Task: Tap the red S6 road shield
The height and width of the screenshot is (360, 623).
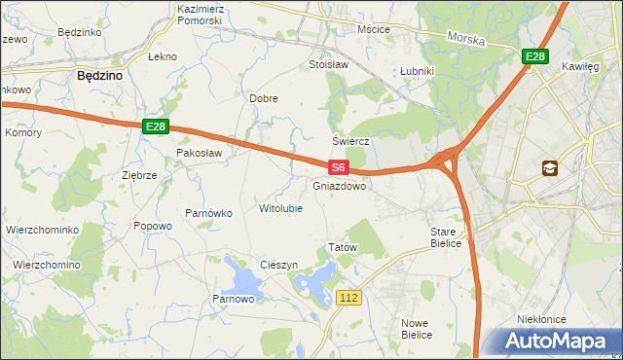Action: coord(338,168)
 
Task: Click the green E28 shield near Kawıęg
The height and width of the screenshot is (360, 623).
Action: coord(534,57)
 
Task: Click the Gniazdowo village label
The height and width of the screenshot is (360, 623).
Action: coord(340,185)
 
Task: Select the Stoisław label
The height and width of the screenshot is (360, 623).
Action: coord(328,65)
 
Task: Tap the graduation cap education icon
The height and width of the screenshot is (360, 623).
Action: coord(551,168)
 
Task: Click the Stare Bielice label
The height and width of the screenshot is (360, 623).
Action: coord(450,237)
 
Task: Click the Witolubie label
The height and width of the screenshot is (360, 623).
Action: coord(280,208)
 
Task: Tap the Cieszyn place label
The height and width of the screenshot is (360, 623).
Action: coord(278,266)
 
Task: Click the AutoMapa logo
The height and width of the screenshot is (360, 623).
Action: coord(556,342)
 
